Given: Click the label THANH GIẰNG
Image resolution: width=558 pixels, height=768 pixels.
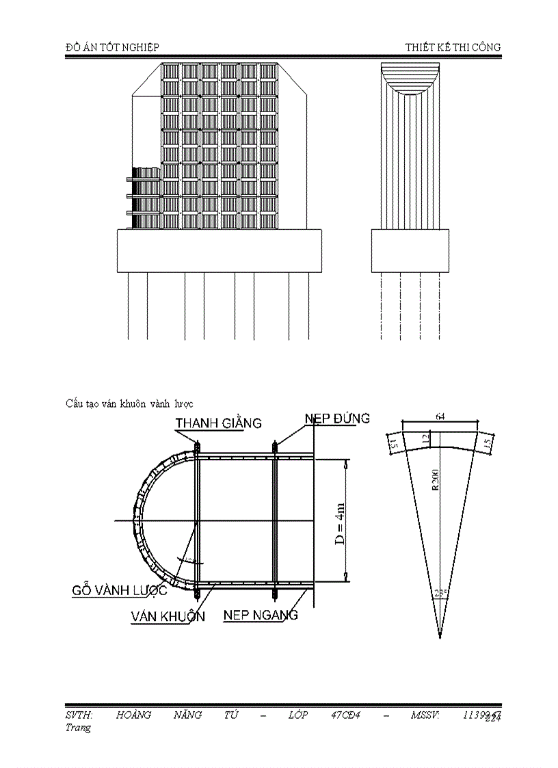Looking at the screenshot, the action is [218, 423].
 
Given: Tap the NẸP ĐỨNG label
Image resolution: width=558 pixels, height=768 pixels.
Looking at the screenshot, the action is [337, 418].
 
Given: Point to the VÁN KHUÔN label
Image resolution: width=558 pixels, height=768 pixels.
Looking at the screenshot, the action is [168, 616].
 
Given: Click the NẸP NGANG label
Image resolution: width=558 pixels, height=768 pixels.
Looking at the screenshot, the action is [261, 615].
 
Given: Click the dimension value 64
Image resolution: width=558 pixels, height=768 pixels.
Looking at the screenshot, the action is [441, 415].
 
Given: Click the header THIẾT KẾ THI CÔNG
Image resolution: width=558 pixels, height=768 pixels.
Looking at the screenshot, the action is [453, 47].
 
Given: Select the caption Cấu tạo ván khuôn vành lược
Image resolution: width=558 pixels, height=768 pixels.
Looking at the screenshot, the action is [129, 403].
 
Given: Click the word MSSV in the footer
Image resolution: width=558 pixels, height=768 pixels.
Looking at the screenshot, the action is [425, 715].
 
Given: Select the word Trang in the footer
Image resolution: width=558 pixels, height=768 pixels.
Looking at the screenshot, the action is [78, 728].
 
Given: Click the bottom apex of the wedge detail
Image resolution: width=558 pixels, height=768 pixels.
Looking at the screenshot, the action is [440, 638].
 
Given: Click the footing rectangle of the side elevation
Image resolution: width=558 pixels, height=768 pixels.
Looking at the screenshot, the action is [410, 251].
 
